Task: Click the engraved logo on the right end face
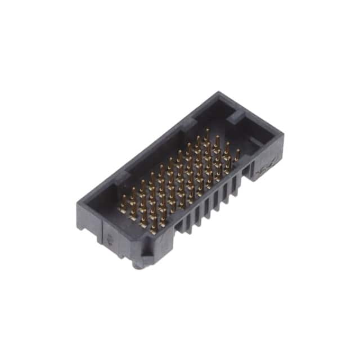[263, 167]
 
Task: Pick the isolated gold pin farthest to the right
[237, 155]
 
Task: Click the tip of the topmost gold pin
[206, 130]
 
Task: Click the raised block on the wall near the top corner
[236, 117]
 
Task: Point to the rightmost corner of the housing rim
[283, 135]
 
